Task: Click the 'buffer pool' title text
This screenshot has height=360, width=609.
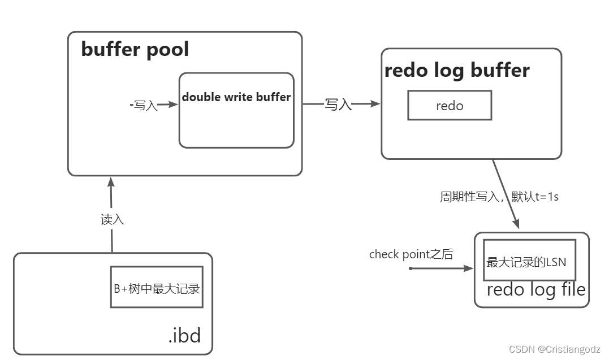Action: point(135,50)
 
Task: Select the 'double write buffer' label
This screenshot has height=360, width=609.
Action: point(236,97)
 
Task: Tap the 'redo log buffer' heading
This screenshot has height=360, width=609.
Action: point(457,71)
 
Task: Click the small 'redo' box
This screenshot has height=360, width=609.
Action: point(450,106)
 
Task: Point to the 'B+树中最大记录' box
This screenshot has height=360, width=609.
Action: point(157,287)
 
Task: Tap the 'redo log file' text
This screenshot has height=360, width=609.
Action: point(535,290)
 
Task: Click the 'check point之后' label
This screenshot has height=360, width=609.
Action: point(411,254)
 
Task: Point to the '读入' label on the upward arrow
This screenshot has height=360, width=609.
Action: point(112,220)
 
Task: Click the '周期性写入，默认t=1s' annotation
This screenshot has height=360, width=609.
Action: point(499,197)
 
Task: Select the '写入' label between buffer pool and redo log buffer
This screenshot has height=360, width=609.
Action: point(338,105)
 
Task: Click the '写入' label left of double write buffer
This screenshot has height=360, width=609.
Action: point(145,105)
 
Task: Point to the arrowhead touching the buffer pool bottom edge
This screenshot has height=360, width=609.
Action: point(111,182)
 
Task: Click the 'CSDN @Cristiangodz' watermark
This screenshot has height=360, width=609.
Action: point(554,349)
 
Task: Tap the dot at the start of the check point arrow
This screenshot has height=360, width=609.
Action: point(411,268)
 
